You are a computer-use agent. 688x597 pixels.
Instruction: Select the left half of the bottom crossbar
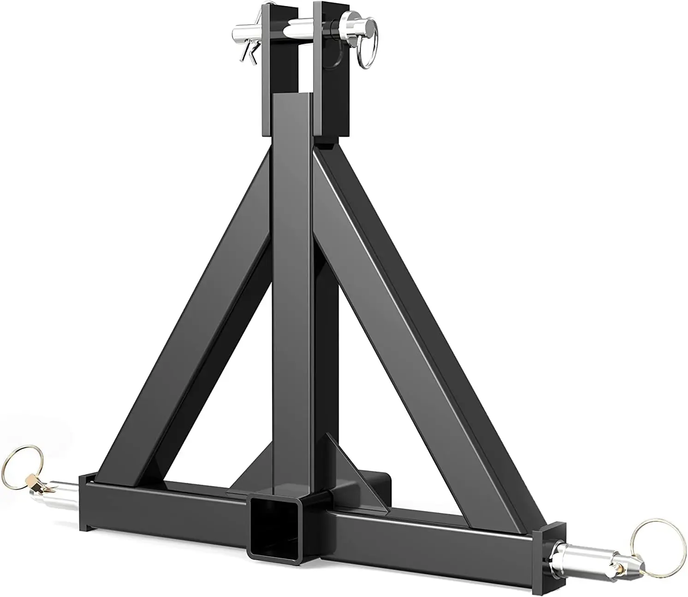(161, 508)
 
